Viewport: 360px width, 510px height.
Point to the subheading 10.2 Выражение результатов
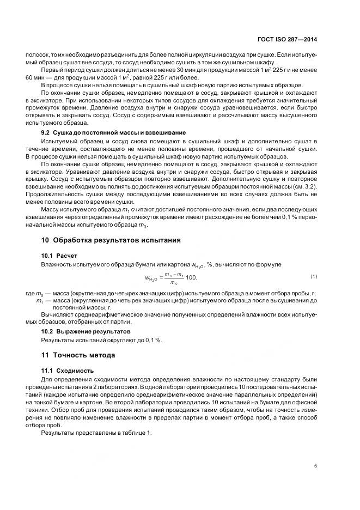coord(86,331)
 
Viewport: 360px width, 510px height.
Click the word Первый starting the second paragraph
coord(53,70)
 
